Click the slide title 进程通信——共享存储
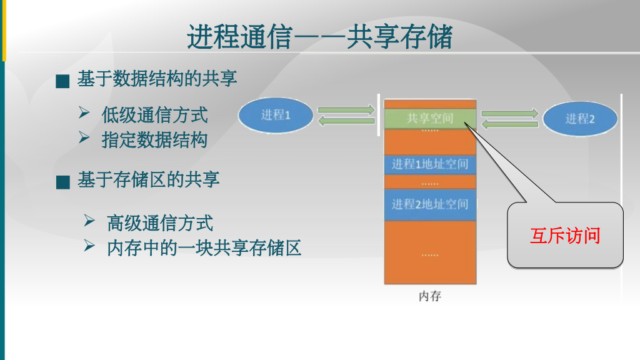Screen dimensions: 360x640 pos(319,37)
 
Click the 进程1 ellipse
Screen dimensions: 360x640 pos(276,116)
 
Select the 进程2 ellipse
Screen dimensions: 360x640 pos(579,119)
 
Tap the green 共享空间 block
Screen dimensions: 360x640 pos(430,117)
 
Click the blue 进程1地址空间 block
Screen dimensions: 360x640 pos(430,164)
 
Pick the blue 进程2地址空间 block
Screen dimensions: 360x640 pos(430,204)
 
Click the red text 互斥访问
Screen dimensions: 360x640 pos(565,236)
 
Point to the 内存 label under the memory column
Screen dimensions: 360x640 pos(429,296)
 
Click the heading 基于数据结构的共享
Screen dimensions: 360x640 pos(157,79)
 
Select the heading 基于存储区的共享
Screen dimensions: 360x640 pos(148,180)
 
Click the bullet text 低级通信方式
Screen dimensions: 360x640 pos(154,115)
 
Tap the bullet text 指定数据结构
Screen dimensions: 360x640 pos(154,139)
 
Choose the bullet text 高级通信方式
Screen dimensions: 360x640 pos(160,222)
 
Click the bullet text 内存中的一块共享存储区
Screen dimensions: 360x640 pos(204,248)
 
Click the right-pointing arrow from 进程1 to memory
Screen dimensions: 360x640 pos(346,111)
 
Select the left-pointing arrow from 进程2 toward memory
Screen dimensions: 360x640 pos(510,124)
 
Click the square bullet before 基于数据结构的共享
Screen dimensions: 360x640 pos(62,81)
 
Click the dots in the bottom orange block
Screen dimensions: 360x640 pos(430,255)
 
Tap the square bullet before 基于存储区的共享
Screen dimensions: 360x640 pos(62,182)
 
